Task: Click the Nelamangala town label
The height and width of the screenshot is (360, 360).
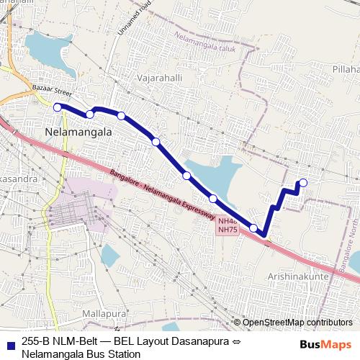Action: pyautogui.click(x=78, y=133)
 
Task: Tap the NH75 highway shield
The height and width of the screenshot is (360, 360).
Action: pyautogui.click(x=228, y=229)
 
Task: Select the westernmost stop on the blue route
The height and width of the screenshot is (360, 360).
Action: pyautogui.click(x=58, y=107)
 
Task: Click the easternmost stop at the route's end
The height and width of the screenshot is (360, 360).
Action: pyautogui.click(x=303, y=182)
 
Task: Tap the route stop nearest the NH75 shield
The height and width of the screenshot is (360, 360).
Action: pyautogui.click(x=253, y=228)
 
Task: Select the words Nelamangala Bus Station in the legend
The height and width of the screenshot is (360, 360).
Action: pyautogui.click(x=81, y=354)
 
